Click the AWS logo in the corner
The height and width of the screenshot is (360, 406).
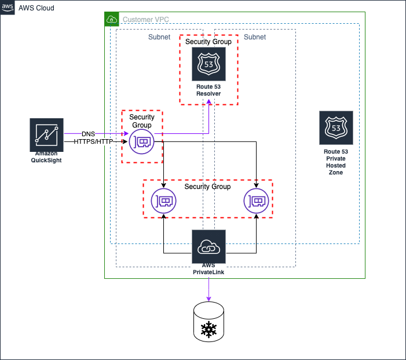pyautogui.click(x=8, y=8)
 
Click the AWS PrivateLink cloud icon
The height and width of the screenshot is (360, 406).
pyautogui.click(x=209, y=246)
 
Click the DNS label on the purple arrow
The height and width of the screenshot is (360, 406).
pyautogui.click(x=89, y=134)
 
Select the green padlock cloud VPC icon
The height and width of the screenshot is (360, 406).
pyautogui.click(x=112, y=19)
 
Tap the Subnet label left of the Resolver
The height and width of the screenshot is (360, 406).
pyautogui.click(x=159, y=37)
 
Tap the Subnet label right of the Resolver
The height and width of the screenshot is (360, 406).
pyautogui.click(x=255, y=37)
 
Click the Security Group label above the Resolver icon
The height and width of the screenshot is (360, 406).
pyautogui.click(x=209, y=42)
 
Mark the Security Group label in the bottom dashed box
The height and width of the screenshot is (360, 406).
pyautogui.click(x=207, y=187)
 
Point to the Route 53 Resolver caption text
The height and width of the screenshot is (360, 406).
pyautogui.click(x=209, y=90)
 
